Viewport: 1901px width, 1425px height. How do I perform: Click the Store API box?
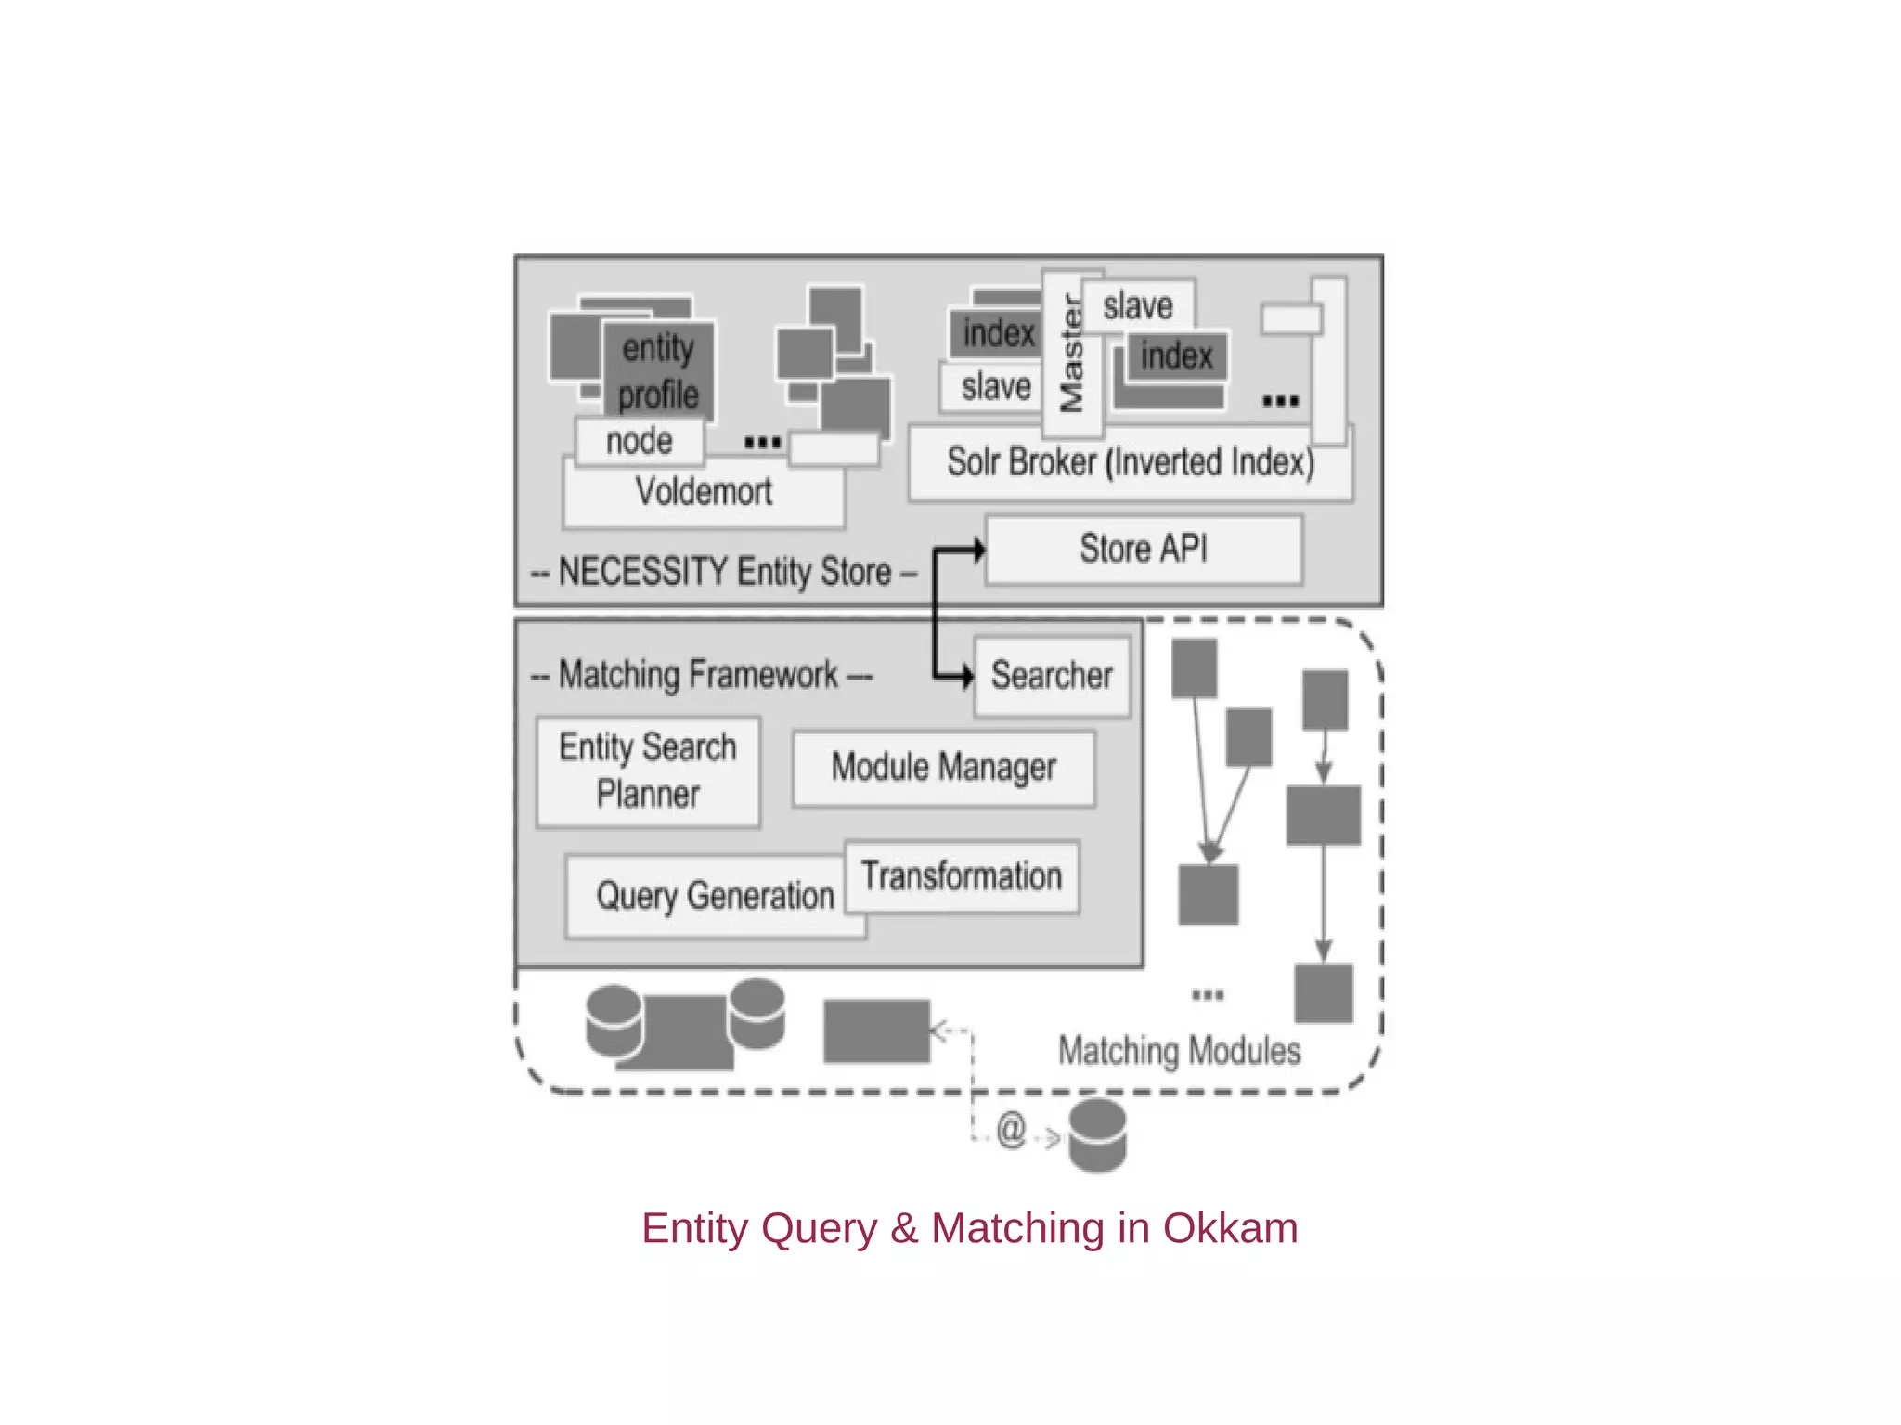(1144, 550)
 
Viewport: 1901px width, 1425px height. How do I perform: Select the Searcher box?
(1052, 676)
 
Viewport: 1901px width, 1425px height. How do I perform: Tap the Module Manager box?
(943, 769)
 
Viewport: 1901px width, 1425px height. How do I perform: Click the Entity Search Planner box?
(648, 771)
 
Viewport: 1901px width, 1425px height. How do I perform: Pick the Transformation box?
(962, 876)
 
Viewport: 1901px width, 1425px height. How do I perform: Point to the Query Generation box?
(714, 897)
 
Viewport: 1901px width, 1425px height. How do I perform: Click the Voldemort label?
(704, 492)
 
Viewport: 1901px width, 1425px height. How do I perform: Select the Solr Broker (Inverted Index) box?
(1130, 463)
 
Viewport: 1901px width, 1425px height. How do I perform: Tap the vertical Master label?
(1072, 354)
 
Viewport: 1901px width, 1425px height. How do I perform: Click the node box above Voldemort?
(639, 442)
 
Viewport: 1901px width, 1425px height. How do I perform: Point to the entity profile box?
(658, 371)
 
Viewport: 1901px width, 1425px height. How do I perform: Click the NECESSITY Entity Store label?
(724, 572)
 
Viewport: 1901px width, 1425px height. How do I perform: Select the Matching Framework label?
(699, 675)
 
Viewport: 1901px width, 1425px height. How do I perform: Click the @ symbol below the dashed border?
(1010, 1131)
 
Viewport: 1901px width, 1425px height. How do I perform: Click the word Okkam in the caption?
(1230, 1228)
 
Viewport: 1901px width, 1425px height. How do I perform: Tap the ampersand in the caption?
(903, 1228)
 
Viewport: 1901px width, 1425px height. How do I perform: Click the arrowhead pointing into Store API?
(977, 550)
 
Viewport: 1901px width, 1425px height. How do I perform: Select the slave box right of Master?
(1138, 306)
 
